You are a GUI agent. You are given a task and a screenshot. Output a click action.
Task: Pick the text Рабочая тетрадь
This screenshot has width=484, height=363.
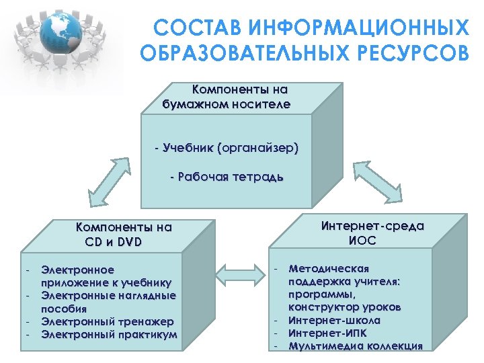pos(227,177)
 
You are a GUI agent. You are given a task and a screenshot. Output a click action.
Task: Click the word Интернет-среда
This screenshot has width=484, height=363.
pos(372,226)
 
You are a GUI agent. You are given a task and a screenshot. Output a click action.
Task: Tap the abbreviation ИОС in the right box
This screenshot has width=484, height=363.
pos(362,240)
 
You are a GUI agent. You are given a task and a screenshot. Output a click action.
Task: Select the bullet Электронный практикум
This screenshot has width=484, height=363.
pos(109,334)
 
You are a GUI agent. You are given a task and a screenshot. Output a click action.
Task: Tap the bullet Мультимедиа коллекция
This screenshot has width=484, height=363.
pos(356,346)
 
